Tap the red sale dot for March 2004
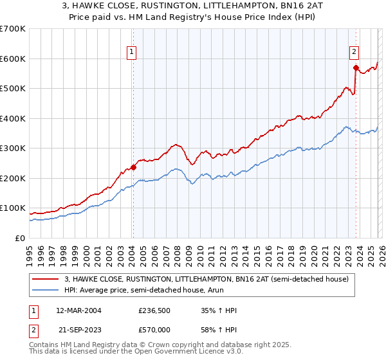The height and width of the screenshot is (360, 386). point(133,167)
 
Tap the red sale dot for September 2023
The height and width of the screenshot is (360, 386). point(355,67)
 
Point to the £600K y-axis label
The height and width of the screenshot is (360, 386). point(13,59)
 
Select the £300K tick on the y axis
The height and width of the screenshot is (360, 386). point(13,148)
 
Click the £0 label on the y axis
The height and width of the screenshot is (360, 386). point(21,238)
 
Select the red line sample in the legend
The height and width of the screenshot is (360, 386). point(46,279)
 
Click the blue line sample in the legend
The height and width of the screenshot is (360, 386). point(46,290)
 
